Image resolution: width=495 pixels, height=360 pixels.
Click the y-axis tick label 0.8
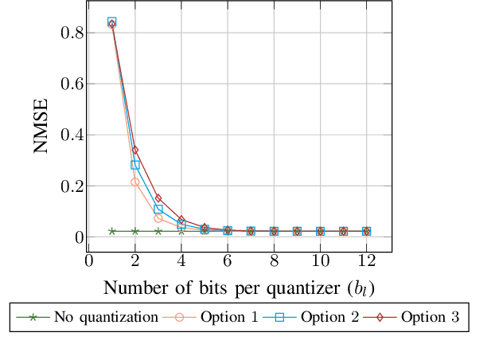tap(64, 33)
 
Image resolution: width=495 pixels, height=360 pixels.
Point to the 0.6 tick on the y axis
tap(64, 84)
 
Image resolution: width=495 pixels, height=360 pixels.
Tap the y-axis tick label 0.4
tap(64, 135)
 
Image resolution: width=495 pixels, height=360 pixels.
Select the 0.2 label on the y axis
tap(64, 186)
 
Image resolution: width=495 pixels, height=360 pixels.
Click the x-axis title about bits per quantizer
tap(239, 288)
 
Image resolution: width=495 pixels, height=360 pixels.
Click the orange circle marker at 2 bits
tap(135, 182)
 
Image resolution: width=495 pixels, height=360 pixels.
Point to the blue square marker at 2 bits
tap(135, 165)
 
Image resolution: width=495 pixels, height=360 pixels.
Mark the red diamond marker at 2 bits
tap(135, 150)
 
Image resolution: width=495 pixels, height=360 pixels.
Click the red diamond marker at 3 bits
tap(158, 198)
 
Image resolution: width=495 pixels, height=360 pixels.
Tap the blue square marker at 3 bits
tap(158, 209)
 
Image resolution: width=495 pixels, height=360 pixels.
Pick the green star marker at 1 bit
tap(112, 231)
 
